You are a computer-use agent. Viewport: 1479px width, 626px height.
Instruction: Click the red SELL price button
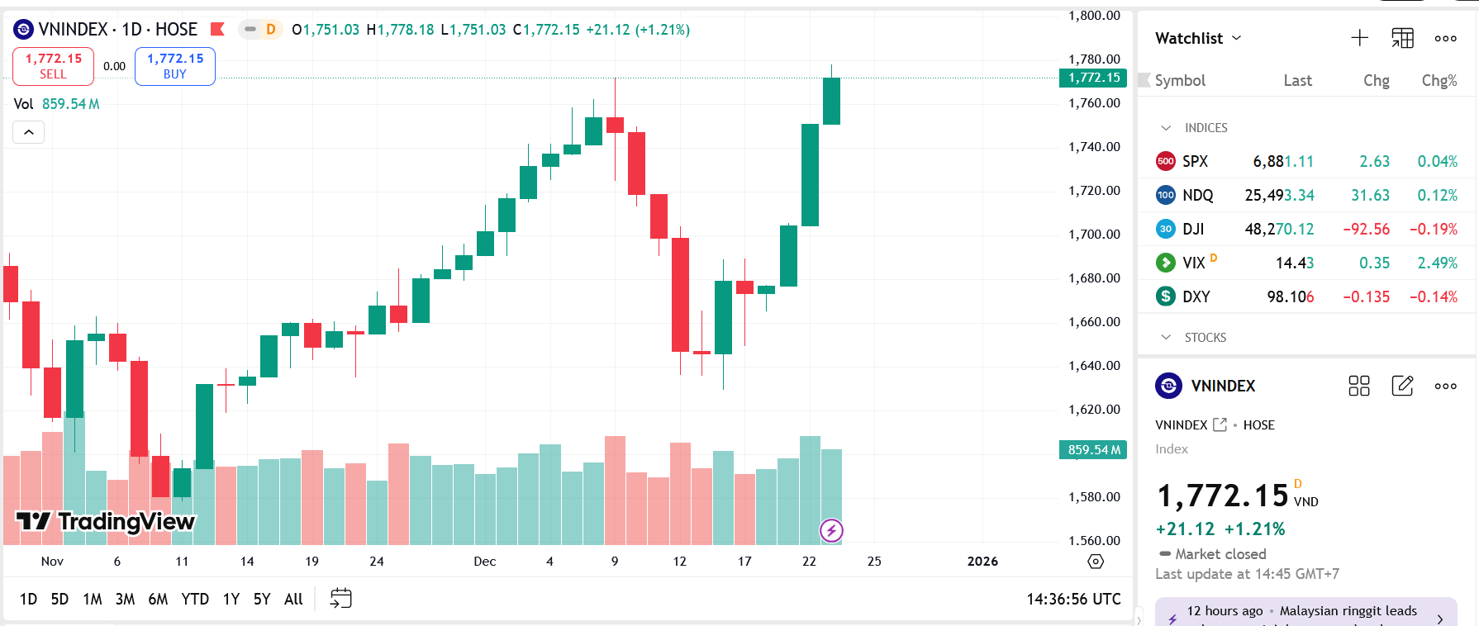click(x=53, y=66)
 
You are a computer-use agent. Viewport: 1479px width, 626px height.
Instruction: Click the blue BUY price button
click(x=175, y=66)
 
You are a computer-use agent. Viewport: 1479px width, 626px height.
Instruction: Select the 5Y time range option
click(x=262, y=599)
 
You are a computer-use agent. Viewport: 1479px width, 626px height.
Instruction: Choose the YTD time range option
click(x=195, y=599)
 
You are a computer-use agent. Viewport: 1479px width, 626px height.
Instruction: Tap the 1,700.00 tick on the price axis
click(x=1094, y=235)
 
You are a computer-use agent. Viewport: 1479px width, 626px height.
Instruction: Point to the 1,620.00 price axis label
click(x=1094, y=410)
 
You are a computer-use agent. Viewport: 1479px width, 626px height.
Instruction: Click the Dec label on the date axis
click(x=485, y=562)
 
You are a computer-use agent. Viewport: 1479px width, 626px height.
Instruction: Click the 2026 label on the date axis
click(x=982, y=562)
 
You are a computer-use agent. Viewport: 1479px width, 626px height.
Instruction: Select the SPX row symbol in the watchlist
click(x=1195, y=162)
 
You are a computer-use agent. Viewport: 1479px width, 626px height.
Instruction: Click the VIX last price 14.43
click(x=1294, y=263)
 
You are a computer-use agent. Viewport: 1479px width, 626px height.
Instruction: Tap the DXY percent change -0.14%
click(x=1433, y=297)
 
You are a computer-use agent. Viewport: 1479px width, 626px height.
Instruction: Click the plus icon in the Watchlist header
click(x=1359, y=38)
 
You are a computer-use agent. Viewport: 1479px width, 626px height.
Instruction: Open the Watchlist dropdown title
click(x=1197, y=38)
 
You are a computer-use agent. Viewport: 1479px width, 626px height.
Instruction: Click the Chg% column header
click(x=1439, y=81)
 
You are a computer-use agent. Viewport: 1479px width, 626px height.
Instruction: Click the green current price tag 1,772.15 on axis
click(x=1093, y=78)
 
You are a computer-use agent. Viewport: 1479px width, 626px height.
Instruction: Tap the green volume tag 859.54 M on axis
click(x=1093, y=450)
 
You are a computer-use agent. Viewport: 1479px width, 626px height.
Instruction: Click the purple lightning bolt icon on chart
click(x=831, y=530)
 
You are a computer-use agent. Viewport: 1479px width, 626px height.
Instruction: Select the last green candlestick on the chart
click(x=831, y=101)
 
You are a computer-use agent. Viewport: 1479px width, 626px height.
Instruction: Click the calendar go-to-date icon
click(x=340, y=599)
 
